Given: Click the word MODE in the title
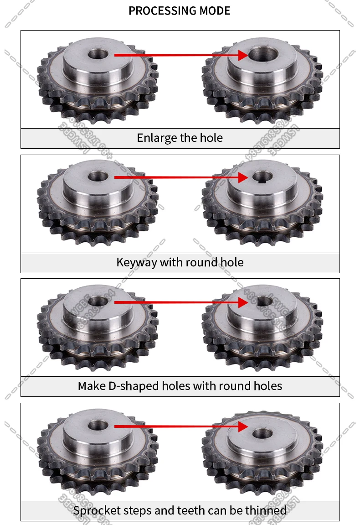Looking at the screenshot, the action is click(x=214, y=11).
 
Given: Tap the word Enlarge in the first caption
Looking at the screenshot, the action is click(x=154, y=138).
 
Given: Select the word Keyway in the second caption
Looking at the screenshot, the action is click(x=136, y=262).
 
